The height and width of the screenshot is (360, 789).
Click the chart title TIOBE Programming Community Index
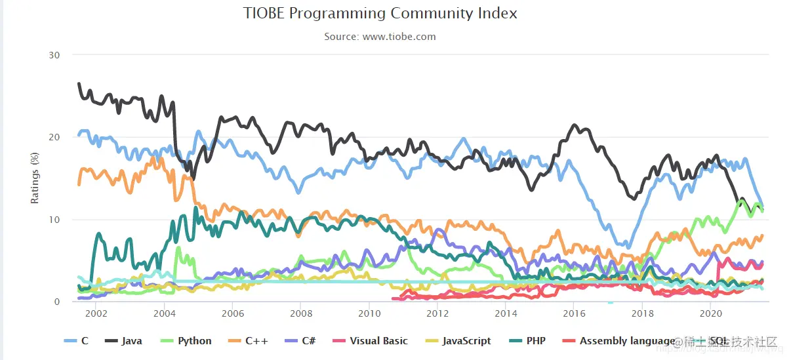(380, 13)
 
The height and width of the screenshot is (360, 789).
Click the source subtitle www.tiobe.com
(380, 37)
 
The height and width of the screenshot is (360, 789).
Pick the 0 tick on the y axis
(57, 302)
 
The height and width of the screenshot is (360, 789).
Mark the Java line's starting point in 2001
(79, 83)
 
